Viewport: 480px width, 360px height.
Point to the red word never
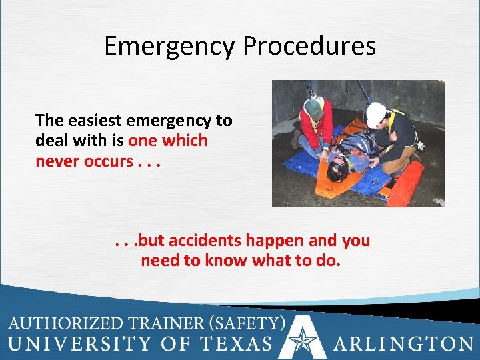point(57,161)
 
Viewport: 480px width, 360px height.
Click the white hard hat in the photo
point(377,113)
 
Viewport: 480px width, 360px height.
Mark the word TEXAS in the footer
point(237,344)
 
